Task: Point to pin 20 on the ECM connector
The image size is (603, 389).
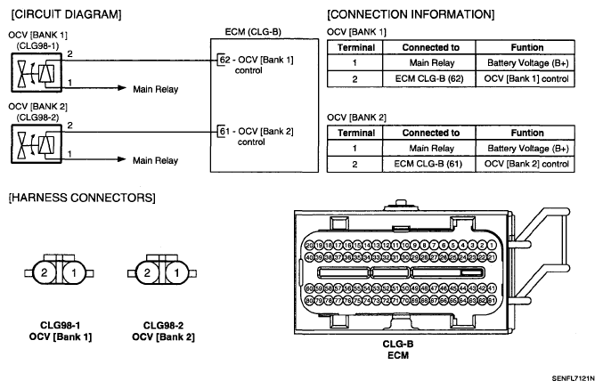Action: click(x=309, y=245)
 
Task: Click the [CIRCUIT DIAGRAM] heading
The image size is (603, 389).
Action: click(x=56, y=15)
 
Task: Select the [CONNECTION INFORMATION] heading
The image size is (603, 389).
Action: click(x=411, y=15)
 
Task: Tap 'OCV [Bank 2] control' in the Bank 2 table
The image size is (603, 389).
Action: click(x=527, y=164)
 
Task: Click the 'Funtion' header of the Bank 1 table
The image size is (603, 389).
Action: click(x=527, y=47)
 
